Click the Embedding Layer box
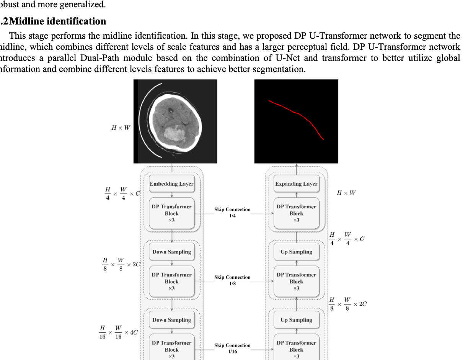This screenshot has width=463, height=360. tap(172, 183)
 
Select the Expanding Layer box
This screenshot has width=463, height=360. tap(297, 183)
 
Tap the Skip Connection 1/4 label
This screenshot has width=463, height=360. tap(232, 213)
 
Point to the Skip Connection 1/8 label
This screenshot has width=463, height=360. tap(232, 280)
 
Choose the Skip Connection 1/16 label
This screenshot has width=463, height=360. tap(232, 348)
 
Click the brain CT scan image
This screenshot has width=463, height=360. tap(175, 121)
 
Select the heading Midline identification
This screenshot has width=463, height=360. tap(57, 21)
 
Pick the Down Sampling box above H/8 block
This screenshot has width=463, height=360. tap(172, 252)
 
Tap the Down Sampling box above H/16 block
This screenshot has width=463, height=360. tap(172, 320)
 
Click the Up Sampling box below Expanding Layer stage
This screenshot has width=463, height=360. tap(297, 252)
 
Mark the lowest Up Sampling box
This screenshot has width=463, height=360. tap(297, 320)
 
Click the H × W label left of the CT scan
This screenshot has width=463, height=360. tap(121, 128)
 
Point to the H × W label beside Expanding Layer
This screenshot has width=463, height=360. tap(346, 193)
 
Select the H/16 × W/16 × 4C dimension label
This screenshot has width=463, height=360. tap(119, 332)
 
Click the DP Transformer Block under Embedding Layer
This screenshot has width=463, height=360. tap(172, 213)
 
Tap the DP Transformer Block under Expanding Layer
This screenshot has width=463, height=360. tap(297, 213)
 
